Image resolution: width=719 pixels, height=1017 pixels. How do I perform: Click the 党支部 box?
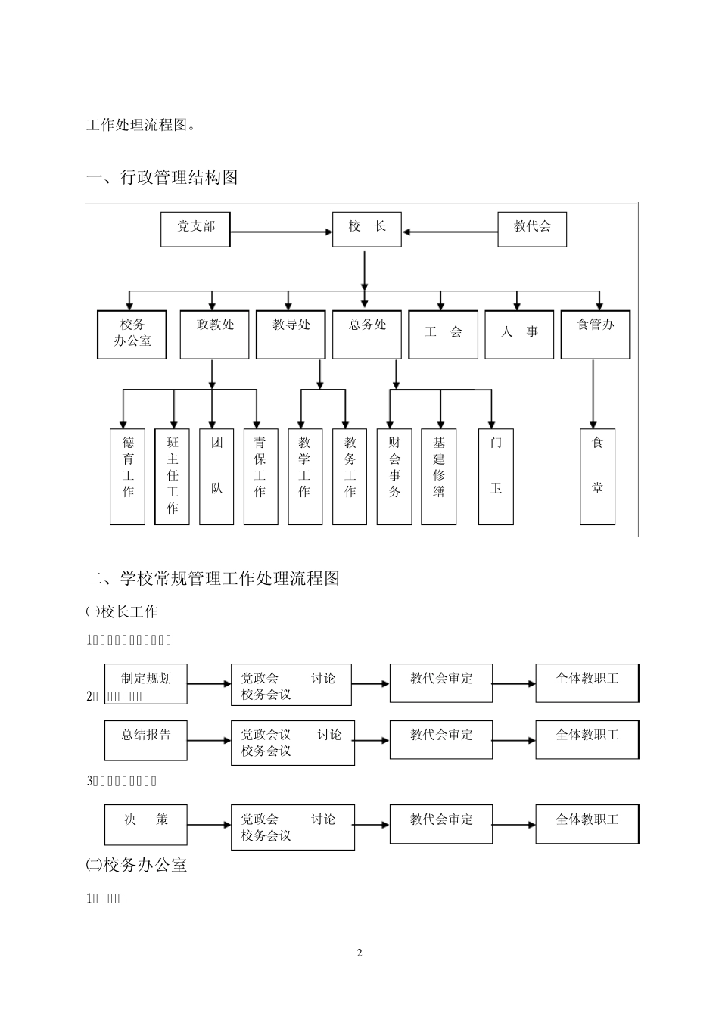[x=195, y=229]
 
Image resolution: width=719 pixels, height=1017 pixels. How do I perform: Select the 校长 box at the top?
[x=367, y=229]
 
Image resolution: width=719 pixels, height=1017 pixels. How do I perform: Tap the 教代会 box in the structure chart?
[x=531, y=229]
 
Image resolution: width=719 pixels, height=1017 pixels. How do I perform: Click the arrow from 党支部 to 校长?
[x=282, y=232]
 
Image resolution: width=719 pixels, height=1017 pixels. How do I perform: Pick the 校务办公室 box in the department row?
[x=132, y=334]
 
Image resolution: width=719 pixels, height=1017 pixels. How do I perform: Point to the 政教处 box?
[x=214, y=334]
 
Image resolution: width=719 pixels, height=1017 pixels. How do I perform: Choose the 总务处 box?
[x=367, y=334]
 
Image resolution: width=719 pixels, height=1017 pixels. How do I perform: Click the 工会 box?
[x=443, y=334]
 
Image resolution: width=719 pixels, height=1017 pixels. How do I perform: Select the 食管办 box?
[x=595, y=334]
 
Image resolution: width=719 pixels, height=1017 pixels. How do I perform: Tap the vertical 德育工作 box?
[x=127, y=477]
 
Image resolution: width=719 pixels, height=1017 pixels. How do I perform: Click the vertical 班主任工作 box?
[x=172, y=477]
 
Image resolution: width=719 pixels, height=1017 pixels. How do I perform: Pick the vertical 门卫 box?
[x=496, y=477]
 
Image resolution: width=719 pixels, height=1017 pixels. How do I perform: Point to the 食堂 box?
[x=597, y=477]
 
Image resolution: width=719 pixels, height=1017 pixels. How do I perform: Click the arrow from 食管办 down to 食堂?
[x=593, y=393]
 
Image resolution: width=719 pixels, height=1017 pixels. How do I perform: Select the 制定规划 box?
[x=146, y=683]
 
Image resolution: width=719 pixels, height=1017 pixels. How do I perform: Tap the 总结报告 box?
[x=146, y=739]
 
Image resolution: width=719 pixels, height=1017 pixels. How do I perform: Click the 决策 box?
[x=146, y=824]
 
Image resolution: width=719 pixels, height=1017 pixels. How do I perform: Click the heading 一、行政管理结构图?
[x=162, y=177]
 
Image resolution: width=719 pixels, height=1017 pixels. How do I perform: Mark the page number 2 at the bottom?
[x=359, y=953]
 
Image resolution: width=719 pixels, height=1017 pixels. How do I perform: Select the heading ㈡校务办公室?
[x=137, y=865]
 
